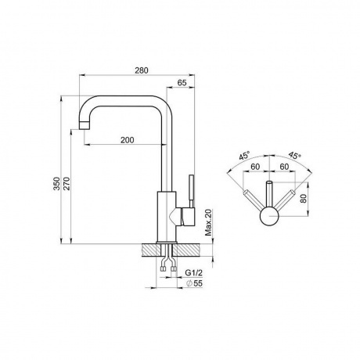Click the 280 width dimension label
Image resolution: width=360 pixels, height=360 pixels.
point(142,70)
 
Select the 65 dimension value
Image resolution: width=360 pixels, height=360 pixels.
point(182,83)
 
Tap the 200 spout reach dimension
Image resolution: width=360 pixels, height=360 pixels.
point(128,140)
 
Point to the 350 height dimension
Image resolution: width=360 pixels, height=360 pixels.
point(56,183)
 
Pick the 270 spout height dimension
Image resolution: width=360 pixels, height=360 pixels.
point(67,183)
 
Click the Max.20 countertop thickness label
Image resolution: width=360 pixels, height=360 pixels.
point(208,222)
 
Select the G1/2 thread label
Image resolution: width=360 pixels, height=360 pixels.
point(193,273)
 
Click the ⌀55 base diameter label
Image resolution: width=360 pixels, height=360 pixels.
point(195,283)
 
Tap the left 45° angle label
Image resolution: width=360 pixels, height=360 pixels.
point(244,156)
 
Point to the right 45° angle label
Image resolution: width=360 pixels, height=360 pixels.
point(294,156)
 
